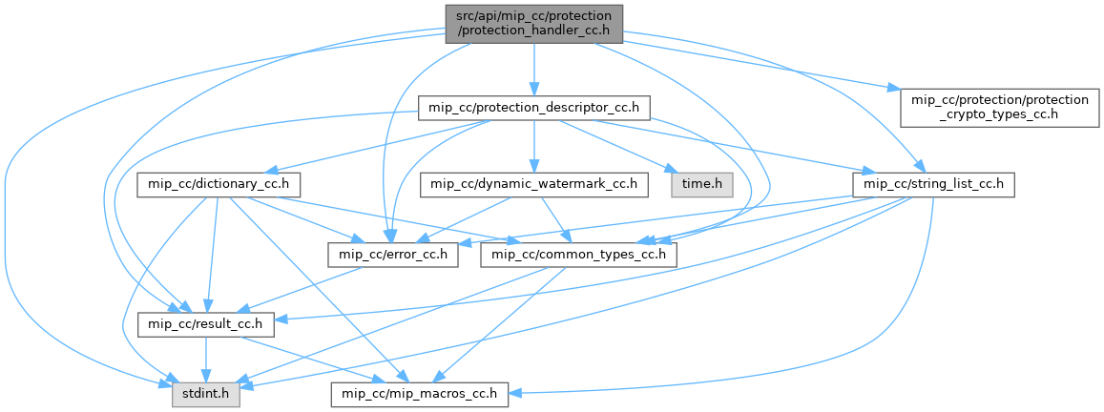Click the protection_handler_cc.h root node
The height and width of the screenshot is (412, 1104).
click(x=533, y=23)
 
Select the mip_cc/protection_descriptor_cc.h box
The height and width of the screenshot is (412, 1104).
click(x=534, y=107)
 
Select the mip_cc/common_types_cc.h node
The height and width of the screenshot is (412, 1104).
click(x=580, y=255)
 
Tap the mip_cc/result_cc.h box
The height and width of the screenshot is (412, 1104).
click(x=207, y=325)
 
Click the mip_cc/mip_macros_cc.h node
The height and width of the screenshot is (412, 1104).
click(x=420, y=393)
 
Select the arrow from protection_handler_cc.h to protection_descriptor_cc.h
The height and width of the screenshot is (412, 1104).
click(x=534, y=67)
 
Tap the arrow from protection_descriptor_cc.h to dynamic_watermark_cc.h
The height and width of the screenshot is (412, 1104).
click(x=534, y=145)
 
